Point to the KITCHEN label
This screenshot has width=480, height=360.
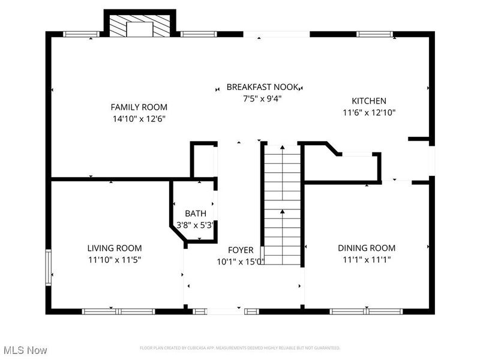pyautogui.click(x=368, y=101)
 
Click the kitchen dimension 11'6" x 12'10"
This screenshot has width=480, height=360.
pyautogui.click(x=368, y=112)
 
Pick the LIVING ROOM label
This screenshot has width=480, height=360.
pyautogui.click(x=114, y=248)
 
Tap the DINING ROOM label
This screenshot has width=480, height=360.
pyautogui.click(x=366, y=248)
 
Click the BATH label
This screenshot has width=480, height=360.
pyautogui.click(x=195, y=213)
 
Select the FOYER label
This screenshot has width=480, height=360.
pyautogui.click(x=240, y=250)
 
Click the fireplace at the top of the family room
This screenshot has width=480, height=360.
pyautogui.click(x=140, y=26)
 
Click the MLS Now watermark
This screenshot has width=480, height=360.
pyautogui.click(x=25, y=349)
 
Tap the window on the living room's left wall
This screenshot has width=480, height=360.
pyautogui.click(x=49, y=268)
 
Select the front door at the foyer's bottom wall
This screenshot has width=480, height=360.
pyautogui.click(x=223, y=311)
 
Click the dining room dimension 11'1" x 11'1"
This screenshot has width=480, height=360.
pyautogui.click(x=366, y=259)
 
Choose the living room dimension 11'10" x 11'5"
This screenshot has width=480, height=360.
pyautogui.click(x=114, y=259)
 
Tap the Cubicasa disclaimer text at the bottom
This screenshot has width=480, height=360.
pyautogui.click(x=240, y=348)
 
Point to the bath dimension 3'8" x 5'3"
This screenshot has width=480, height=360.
pyautogui.click(x=195, y=225)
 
